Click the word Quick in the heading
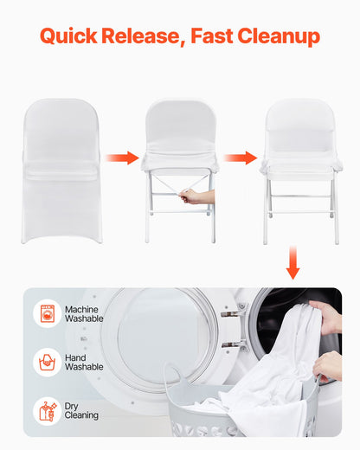click(x=68, y=36)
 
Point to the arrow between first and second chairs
click(x=122, y=157)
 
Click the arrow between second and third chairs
click(x=241, y=157)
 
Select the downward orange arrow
click(x=292, y=262)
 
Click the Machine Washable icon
click(x=47, y=313)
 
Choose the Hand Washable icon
click(x=47, y=362)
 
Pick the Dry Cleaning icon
click(x=47, y=410)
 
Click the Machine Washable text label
click(x=84, y=313)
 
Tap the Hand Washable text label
click(x=84, y=362)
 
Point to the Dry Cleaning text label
click(x=81, y=410)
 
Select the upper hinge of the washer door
click(x=229, y=313)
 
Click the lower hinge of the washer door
click(x=229, y=344)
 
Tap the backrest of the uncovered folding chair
click(x=299, y=125)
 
